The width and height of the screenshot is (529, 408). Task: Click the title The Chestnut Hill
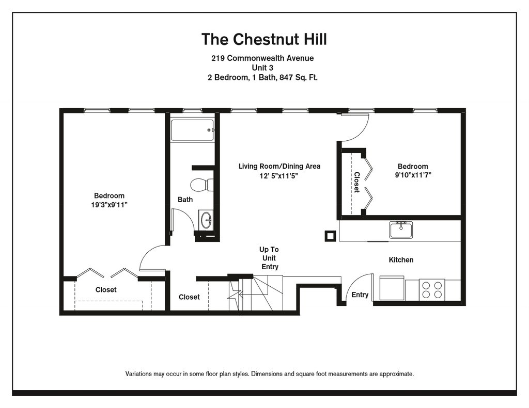[x=264, y=39]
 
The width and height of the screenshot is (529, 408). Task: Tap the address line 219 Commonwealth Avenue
[x=262, y=58]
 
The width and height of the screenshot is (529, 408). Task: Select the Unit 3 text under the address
[x=262, y=68]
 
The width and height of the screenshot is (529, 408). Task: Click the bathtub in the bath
[x=192, y=130]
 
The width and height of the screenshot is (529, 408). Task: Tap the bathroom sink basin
[x=206, y=220]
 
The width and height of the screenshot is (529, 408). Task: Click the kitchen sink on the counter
[x=401, y=230]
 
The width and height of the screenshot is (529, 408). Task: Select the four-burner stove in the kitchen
[x=432, y=290]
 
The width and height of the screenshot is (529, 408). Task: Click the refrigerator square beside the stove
[x=392, y=288]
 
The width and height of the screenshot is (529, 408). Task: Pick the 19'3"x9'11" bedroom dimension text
[x=109, y=205]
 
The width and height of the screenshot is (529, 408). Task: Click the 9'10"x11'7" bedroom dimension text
[x=413, y=175]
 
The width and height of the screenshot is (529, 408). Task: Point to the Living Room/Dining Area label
[x=279, y=166]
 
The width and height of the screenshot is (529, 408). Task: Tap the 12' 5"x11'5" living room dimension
[x=278, y=175]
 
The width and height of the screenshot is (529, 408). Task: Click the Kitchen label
[x=401, y=260]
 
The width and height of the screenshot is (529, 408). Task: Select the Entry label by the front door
[x=360, y=295]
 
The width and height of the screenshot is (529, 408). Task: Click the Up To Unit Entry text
[x=269, y=258]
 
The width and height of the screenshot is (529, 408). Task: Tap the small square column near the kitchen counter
[x=330, y=236]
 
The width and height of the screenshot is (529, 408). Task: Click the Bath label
[x=185, y=200]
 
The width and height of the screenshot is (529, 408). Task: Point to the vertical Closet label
[x=356, y=182]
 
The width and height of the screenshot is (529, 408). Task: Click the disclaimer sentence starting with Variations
[x=270, y=373]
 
